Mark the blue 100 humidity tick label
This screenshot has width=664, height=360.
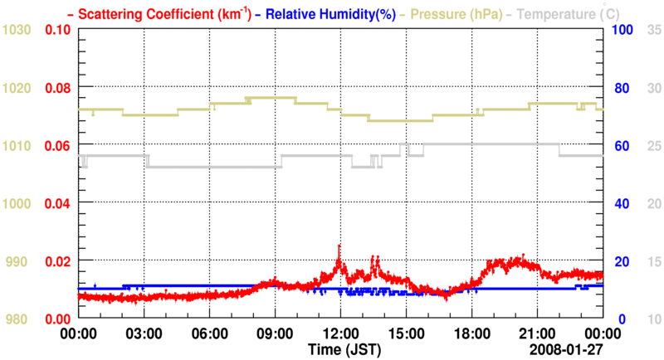tap(622, 30)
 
